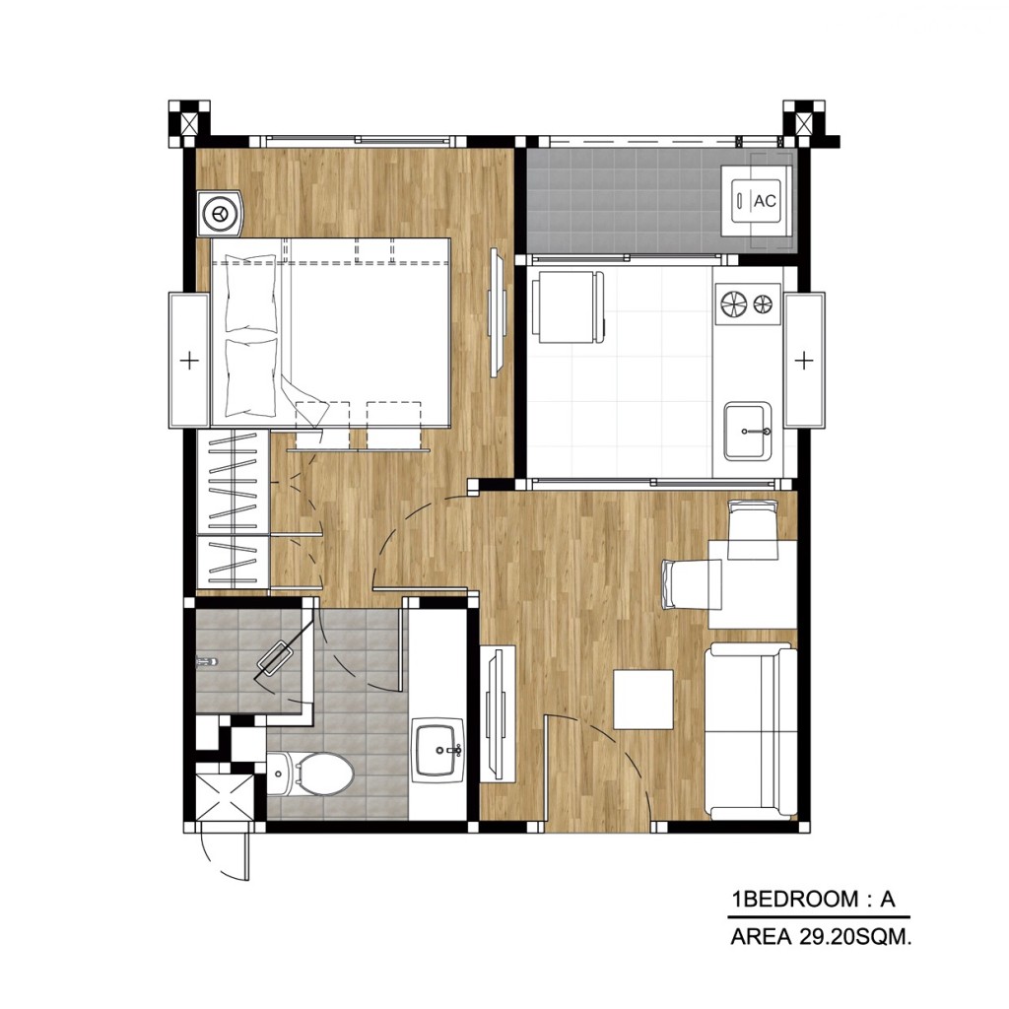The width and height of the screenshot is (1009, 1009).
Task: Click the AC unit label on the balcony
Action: click(x=764, y=202)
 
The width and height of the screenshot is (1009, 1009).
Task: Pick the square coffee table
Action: click(x=643, y=700)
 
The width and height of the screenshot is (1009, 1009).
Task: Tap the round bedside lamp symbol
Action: click(x=219, y=212)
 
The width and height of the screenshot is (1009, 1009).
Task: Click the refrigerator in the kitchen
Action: click(x=568, y=307)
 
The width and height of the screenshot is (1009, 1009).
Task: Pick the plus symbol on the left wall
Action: click(x=190, y=361)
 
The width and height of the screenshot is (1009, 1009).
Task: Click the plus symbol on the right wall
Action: click(x=804, y=361)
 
